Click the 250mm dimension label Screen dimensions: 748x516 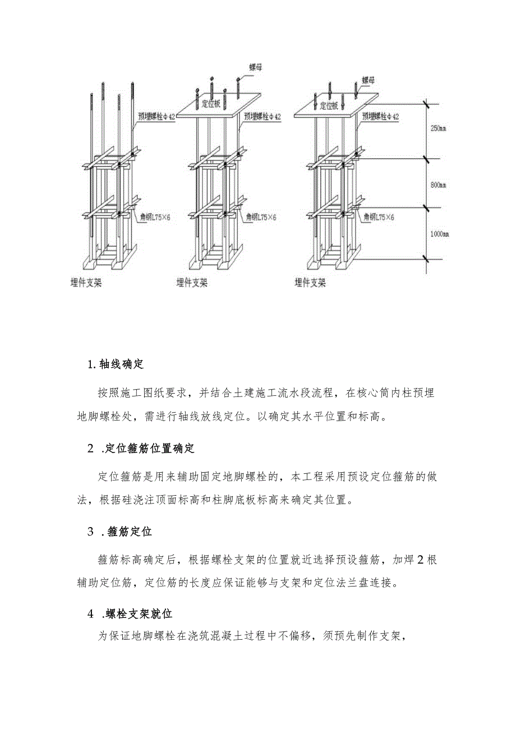pos(438,128)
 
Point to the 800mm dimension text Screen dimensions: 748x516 pos(438,184)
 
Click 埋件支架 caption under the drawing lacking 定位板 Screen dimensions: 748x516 pos(86,283)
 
